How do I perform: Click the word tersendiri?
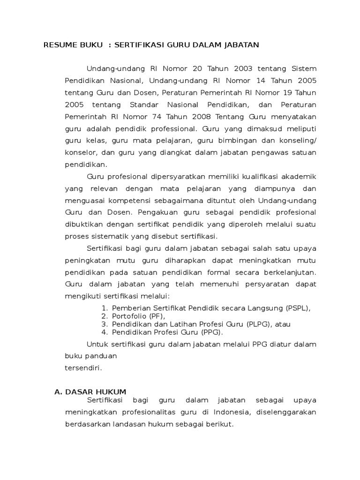(x=82, y=368)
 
